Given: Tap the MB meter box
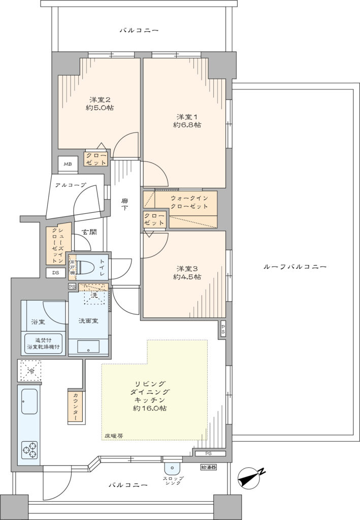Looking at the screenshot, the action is (68, 164).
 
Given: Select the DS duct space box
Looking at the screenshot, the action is (56, 273).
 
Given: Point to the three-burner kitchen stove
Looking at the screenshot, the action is (30, 450).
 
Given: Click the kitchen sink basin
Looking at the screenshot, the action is (29, 401).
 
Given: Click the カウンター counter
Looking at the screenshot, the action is (76, 407).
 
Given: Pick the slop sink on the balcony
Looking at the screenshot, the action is (172, 468).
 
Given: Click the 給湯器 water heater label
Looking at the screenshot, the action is (209, 467).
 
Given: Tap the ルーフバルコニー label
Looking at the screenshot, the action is (295, 267).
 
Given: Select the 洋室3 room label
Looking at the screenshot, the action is (187, 268).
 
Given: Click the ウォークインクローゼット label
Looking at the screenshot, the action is (189, 202).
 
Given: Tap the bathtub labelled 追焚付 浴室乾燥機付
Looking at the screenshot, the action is (44, 344).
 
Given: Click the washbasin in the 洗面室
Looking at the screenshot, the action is (88, 347).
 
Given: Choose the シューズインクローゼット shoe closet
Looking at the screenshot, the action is (59, 245).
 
